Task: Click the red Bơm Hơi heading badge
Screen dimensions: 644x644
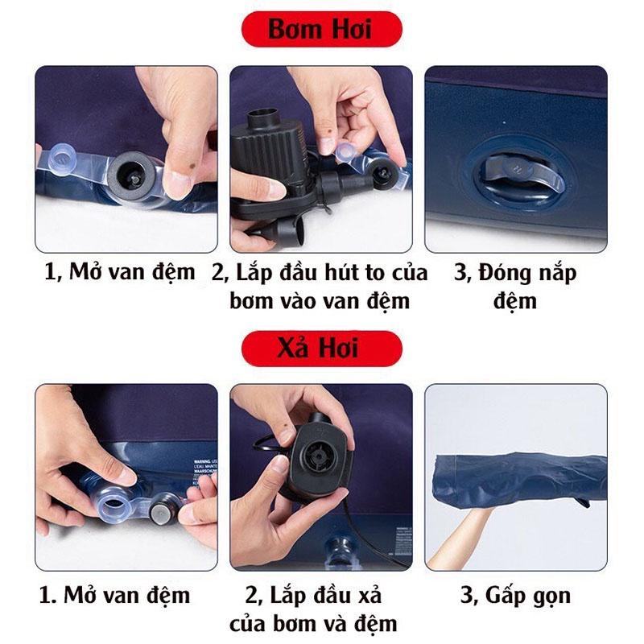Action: pos(321,29)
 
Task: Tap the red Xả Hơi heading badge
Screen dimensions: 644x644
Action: pos(321,349)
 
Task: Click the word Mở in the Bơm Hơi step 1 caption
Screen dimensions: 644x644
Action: pos(85,271)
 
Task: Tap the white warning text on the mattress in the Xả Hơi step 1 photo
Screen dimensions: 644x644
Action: pos(205,473)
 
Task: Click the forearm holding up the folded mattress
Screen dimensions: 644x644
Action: pos(460,538)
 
